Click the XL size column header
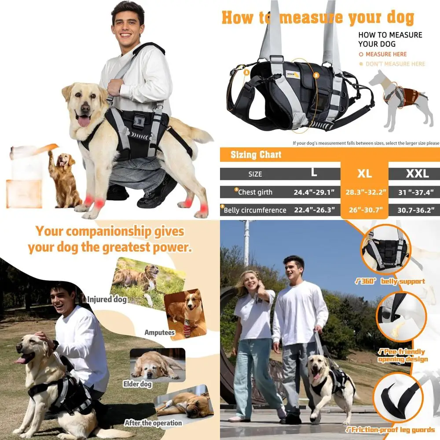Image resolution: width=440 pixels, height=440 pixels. pos(364,173)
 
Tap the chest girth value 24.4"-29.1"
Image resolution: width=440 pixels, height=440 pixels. pos(314,192)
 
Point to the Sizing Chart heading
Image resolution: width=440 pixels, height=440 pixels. pos(256,154)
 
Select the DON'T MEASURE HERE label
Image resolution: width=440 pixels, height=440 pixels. pos(395,64)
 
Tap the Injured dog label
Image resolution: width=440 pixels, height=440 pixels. pos(107,300)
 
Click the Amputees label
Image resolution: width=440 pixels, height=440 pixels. pos(159,333)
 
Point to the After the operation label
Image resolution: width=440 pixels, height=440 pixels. pos(153,423)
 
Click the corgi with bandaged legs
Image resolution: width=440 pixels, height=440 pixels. pos(185,312)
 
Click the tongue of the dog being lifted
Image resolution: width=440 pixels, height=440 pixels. pos(84,121)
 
